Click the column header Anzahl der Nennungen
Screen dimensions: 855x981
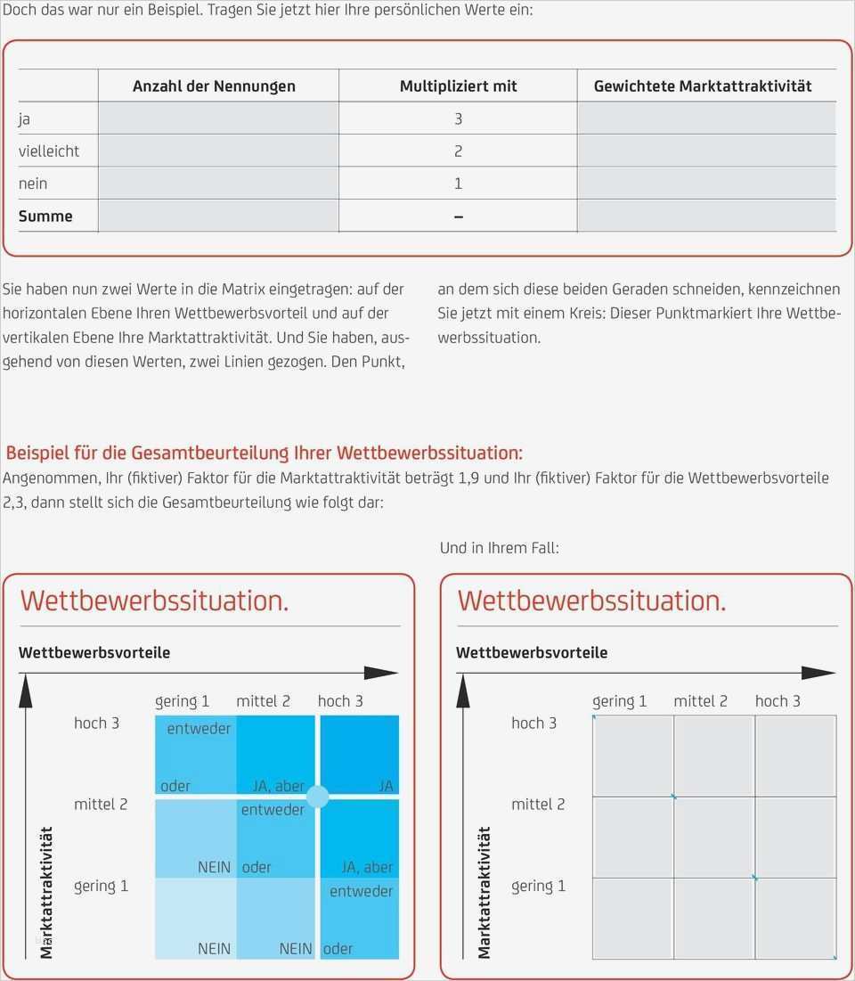coord(214,86)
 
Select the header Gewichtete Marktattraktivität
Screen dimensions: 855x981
coord(703,86)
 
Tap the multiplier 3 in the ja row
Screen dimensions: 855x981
coord(459,119)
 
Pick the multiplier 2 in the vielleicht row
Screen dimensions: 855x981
coord(459,151)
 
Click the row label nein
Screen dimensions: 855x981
coord(33,184)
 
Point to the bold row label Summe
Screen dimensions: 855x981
coord(45,216)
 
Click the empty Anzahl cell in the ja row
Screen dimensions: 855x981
coord(218,119)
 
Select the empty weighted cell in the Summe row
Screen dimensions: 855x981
coord(707,216)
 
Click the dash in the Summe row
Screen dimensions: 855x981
coord(459,217)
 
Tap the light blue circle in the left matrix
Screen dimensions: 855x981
coord(318,797)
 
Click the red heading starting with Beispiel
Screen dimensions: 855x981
coord(264,453)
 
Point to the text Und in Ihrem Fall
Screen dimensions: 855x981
coord(499,548)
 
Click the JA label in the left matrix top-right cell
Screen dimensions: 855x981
coord(386,786)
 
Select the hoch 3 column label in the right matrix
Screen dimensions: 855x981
coord(778,700)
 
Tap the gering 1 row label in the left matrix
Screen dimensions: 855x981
coord(101,886)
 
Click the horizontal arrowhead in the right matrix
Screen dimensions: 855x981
coord(818,674)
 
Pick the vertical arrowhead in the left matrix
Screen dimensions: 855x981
coord(26,691)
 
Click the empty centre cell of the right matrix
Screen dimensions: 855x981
coord(714,838)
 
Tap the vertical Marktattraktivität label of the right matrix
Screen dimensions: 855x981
coord(484,893)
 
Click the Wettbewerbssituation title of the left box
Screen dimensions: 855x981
coord(154,600)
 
